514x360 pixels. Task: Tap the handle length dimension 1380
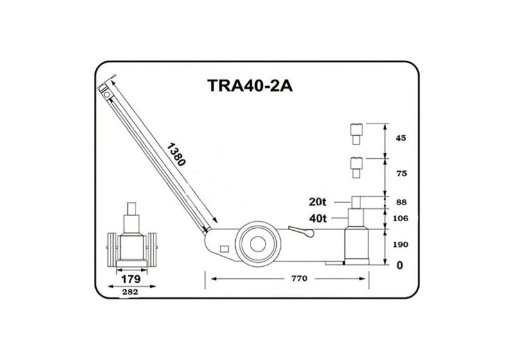pos(175,155)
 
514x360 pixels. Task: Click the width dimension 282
pos(130,291)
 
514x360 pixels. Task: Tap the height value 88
pos(403,203)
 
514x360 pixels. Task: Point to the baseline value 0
pos(399,265)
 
